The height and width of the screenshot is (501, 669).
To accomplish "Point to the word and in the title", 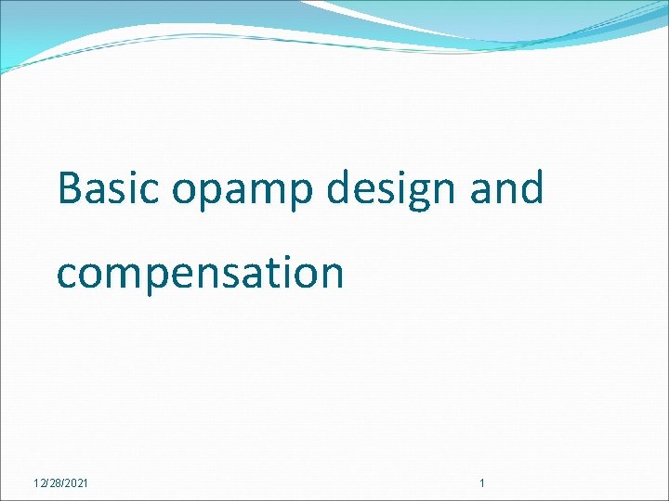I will (506, 188).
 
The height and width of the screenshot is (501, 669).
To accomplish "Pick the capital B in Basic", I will (71, 188).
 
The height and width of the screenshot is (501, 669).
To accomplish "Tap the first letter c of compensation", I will (67, 275).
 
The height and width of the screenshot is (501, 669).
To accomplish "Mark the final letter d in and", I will (531, 188).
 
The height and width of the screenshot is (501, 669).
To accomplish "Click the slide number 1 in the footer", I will (481, 483).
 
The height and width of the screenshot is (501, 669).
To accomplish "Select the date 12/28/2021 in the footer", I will (61, 483).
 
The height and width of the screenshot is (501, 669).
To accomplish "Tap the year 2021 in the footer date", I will (77, 483).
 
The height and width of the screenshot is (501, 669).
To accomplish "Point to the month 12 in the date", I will (38, 483).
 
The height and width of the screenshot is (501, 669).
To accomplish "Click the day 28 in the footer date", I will (55, 483).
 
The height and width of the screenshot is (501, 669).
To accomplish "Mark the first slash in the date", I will (46, 483).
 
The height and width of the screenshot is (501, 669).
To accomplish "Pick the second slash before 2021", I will (63, 483).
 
